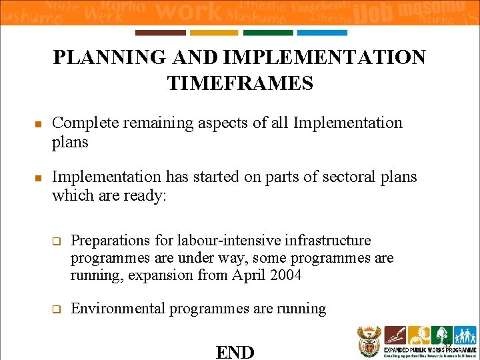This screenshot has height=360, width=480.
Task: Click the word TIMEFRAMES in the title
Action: coord(240,83)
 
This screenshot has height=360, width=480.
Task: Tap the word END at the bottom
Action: coord(235,351)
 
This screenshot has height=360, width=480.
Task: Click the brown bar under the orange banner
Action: coord(161,33)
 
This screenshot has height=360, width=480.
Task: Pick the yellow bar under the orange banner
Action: coord(214,33)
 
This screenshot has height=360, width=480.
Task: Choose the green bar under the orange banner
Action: coord(268,33)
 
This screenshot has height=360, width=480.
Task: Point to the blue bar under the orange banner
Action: coord(322,33)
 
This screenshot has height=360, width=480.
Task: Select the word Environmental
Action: coord(118,309)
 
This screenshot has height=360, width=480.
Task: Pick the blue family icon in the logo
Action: coord(465,335)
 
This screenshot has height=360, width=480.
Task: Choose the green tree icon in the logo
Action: coord(441,335)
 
